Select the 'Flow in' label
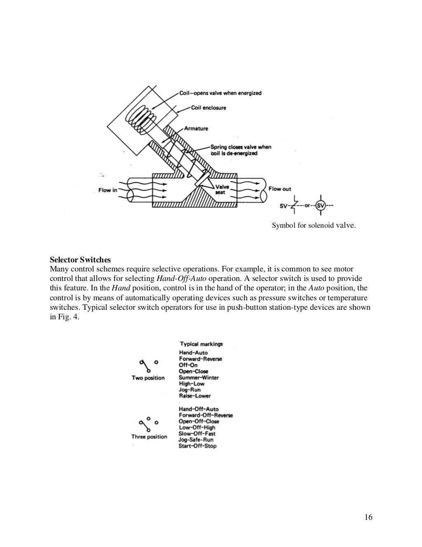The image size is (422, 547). click(x=108, y=190)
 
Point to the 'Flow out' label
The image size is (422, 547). click(x=280, y=189)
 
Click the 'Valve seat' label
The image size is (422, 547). click(x=223, y=189)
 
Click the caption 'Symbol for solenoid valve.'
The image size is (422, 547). click(x=313, y=226)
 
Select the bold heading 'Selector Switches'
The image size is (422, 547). click(x=80, y=260)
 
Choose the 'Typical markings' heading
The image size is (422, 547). click(x=201, y=344)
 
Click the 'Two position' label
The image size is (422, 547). click(x=148, y=378)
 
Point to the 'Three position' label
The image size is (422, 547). click(x=149, y=437)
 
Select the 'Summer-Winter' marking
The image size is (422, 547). click(x=199, y=377)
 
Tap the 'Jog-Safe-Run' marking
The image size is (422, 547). click(x=196, y=440)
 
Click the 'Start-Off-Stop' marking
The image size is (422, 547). click(x=197, y=446)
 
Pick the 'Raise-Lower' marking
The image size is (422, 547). click(x=195, y=396)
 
